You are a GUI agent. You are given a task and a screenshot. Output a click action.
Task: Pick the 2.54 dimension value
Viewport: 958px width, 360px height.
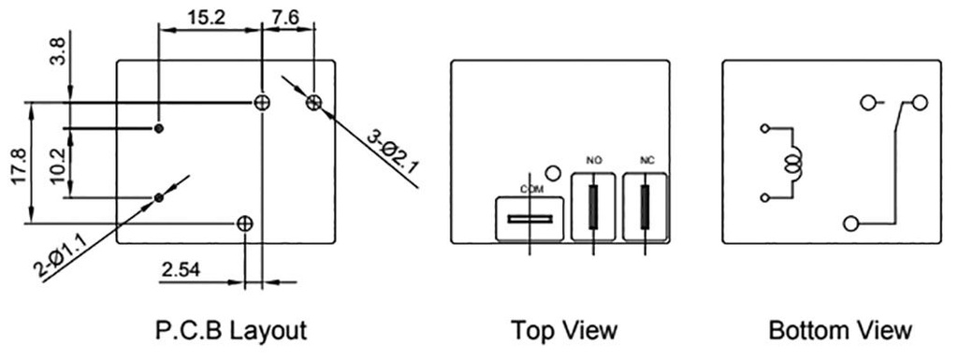[x=187, y=272]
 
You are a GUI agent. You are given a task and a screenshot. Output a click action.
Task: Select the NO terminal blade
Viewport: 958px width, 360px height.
[x=592, y=207]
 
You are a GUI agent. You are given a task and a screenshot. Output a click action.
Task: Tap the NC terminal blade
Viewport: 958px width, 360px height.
[x=645, y=207]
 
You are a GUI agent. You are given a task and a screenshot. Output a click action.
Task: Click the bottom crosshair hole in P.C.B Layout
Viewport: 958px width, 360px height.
[x=244, y=223]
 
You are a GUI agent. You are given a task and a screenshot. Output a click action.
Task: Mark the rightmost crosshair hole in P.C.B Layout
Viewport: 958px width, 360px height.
[x=313, y=101]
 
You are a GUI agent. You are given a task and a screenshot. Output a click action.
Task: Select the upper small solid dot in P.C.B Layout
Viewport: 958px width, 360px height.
[x=159, y=126]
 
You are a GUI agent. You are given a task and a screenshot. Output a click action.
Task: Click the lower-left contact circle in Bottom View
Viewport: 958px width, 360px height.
[x=850, y=223]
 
